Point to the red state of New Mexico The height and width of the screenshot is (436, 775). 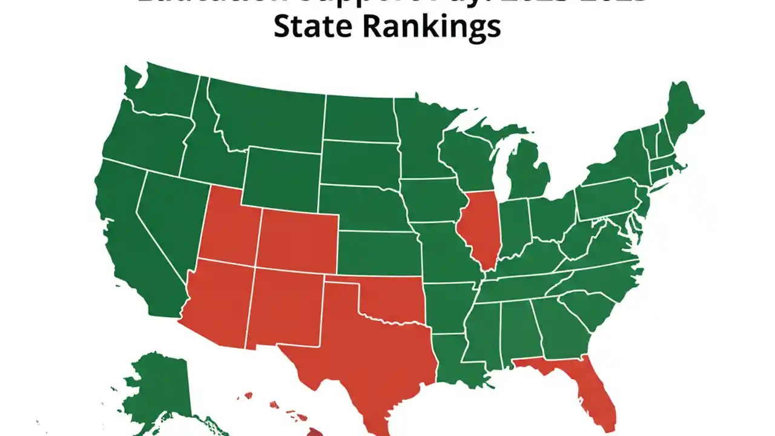pyautogui.click(x=285, y=309)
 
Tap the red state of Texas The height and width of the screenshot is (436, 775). pyautogui.click(x=363, y=351)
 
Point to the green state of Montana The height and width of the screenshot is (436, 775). pyautogui.click(x=266, y=118)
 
